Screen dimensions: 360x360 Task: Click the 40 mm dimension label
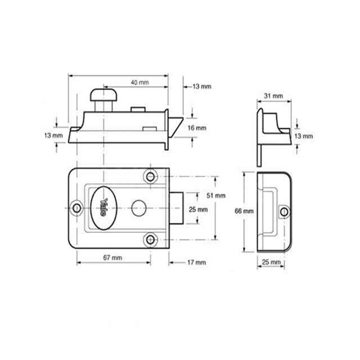[139, 83]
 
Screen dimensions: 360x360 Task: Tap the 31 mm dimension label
[270, 96]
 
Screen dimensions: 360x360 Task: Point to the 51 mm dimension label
[216, 195]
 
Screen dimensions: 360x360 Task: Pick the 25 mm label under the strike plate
[270, 262]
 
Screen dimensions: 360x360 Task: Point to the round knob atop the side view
[103, 93]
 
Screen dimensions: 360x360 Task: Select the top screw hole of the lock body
[150, 176]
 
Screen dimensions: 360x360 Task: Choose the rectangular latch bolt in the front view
[177, 208]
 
